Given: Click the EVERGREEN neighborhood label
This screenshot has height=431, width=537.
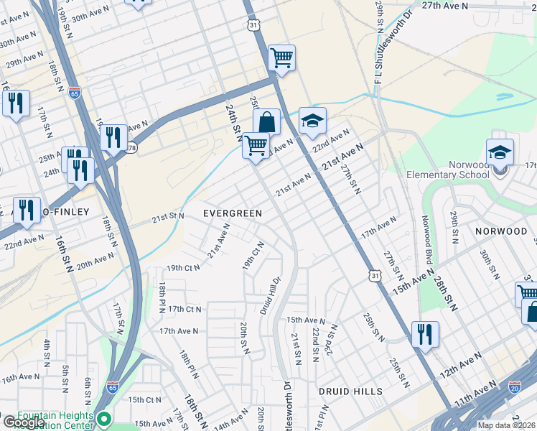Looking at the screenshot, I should pyautogui.click(x=232, y=213).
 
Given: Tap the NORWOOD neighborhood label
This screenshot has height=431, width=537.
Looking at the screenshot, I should pyautogui.click(x=501, y=231).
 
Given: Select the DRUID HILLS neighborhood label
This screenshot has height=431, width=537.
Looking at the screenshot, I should pyautogui.click(x=351, y=391).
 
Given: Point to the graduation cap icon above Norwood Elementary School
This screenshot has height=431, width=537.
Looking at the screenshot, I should pyautogui.click(x=500, y=152).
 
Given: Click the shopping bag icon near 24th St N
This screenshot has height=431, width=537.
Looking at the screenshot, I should pyautogui.click(x=266, y=121).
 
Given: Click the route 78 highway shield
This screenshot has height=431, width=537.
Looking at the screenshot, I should pyautogui.click(x=131, y=148).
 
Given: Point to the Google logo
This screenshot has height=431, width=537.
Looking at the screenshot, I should pyautogui.click(x=23, y=422).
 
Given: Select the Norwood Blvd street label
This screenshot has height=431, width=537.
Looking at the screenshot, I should pyautogui.click(x=425, y=239).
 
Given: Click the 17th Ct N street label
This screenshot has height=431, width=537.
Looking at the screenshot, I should pyautogui.click(x=185, y=309).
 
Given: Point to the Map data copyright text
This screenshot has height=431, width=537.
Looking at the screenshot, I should pyautogui.click(x=506, y=425).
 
